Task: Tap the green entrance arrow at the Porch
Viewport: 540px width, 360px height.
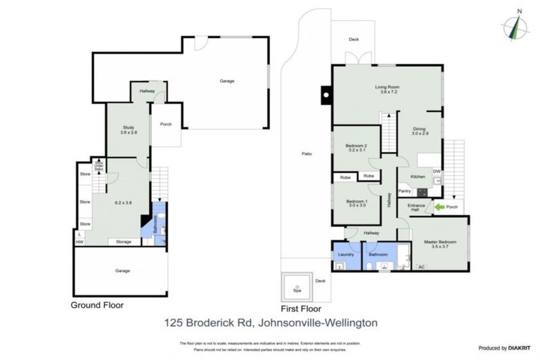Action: point(439,207)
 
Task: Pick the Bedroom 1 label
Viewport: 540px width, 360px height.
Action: point(356,201)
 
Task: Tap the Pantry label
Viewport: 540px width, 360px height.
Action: point(404,191)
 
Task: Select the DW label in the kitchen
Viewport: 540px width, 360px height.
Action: point(437,171)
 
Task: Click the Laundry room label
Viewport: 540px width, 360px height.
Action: point(345,255)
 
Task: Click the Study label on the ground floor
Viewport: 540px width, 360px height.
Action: point(127,127)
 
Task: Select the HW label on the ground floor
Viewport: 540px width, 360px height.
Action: point(79,242)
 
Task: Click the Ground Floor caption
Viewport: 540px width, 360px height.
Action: point(98,306)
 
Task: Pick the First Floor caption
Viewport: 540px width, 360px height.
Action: point(301,308)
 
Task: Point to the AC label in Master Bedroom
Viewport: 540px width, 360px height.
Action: point(421,266)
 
